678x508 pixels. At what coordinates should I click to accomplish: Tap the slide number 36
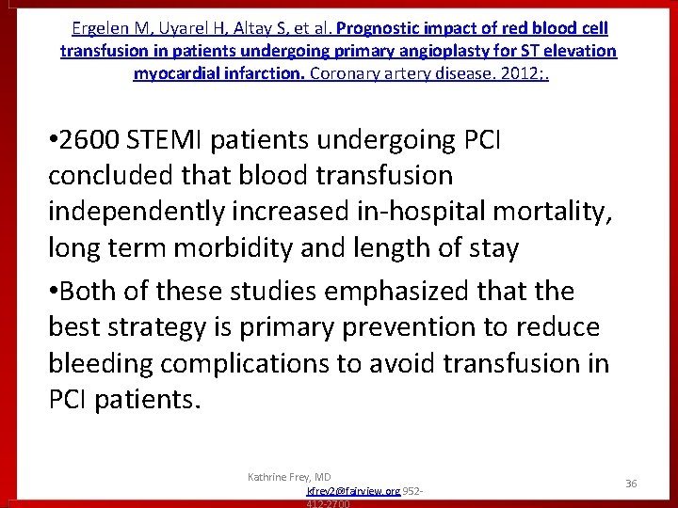[x=631, y=483]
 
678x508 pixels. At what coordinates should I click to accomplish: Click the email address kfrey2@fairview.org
[x=353, y=491]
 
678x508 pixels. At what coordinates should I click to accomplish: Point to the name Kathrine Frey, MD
[x=289, y=477]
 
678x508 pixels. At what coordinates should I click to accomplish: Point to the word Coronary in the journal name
[x=344, y=72]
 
